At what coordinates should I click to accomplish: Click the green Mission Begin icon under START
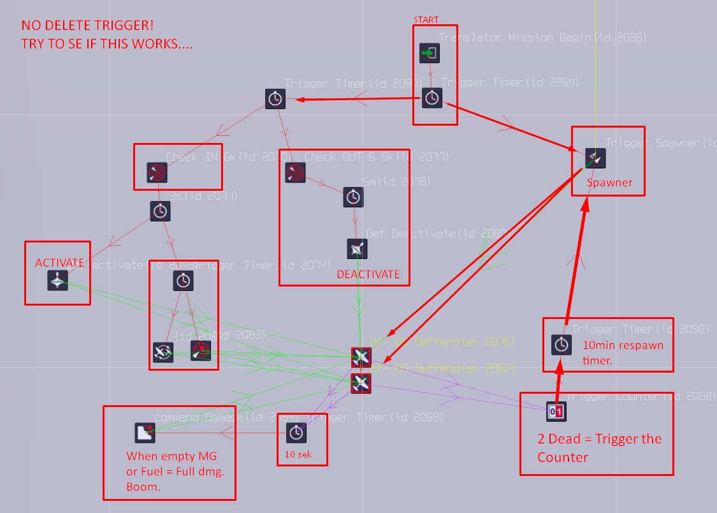point(430,53)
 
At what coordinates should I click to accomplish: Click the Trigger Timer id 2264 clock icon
point(431,98)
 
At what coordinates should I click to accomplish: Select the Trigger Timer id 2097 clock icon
point(275,99)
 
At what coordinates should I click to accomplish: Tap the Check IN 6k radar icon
point(157,172)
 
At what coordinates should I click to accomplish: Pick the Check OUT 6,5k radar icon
point(295,172)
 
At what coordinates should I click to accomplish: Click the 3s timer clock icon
point(160,211)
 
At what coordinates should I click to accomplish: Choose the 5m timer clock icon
point(353,197)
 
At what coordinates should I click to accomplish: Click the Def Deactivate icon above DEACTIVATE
point(357,248)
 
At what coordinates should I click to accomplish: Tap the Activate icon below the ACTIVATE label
point(57,281)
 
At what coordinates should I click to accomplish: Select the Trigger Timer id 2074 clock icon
point(183,280)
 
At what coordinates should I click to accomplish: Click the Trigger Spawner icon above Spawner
point(595,158)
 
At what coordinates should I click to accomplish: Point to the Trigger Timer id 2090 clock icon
point(561,345)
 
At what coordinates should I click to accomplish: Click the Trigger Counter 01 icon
point(556,412)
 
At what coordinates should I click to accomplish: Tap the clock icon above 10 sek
point(295,433)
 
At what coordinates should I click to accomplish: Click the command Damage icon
point(145,433)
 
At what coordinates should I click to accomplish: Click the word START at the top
point(426,20)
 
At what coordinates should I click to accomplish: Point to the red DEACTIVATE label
point(368,274)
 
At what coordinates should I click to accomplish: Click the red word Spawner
point(609,182)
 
